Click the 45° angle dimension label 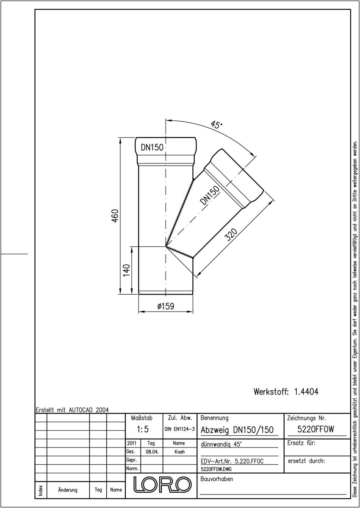(216, 124)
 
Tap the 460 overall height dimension (115, 215)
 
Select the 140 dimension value (126, 270)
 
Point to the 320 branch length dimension (231, 235)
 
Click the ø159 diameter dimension (166, 306)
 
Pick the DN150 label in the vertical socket (152, 147)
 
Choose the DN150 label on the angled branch (210, 195)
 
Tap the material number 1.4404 (306, 392)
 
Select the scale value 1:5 (143, 429)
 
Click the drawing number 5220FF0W (316, 429)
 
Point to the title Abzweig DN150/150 (237, 430)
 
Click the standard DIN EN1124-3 (180, 429)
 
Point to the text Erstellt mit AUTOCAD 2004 (72, 410)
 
